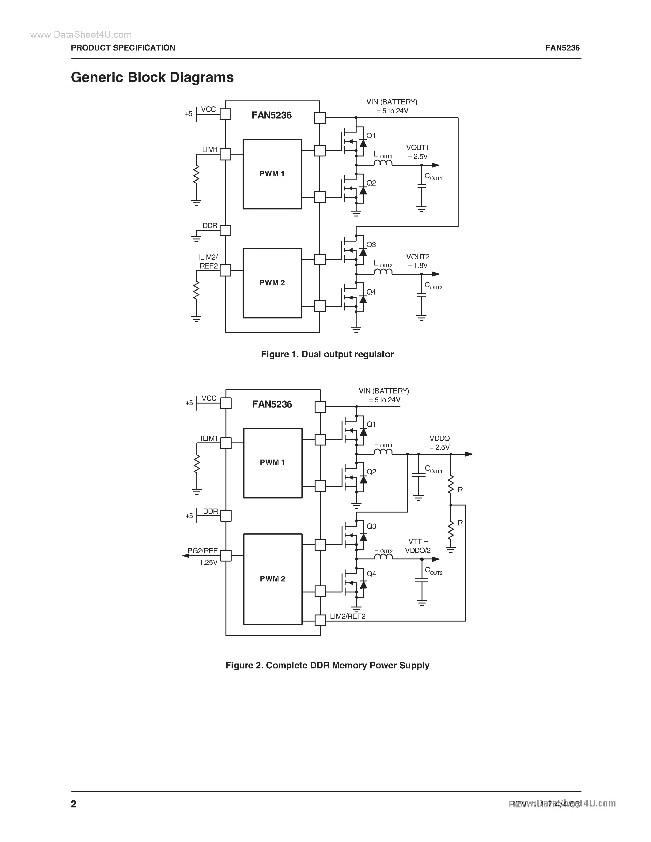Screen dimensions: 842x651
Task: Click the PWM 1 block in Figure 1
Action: (x=272, y=174)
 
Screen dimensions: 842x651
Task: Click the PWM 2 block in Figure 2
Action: (x=272, y=578)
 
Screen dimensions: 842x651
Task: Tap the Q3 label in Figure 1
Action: (x=371, y=244)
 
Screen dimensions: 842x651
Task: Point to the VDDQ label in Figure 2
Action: (x=440, y=438)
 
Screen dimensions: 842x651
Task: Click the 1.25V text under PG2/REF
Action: (x=208, y=562)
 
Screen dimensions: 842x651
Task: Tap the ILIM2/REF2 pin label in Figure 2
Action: (x=346, y=616)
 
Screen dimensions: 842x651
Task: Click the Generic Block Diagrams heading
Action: (x=152, y=77)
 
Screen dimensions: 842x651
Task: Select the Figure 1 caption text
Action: (x=327, y=354)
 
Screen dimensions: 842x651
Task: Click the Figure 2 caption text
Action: (x=327, y=665)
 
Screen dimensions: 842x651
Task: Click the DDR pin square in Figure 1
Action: (x=225, y=231)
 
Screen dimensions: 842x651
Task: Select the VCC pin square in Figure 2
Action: (x=225, y=403)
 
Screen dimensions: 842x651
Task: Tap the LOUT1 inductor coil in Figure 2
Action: (x=383, y=452)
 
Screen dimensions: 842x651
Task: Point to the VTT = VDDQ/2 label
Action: (x=418, y=546)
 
